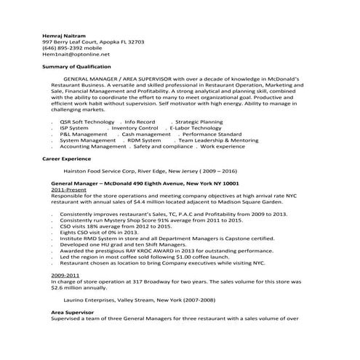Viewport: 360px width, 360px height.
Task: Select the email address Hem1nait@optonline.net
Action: pyautogui.click(x=76, y=55)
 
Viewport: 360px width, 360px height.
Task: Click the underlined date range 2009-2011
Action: pyautogui.click(x=65, y=275)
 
